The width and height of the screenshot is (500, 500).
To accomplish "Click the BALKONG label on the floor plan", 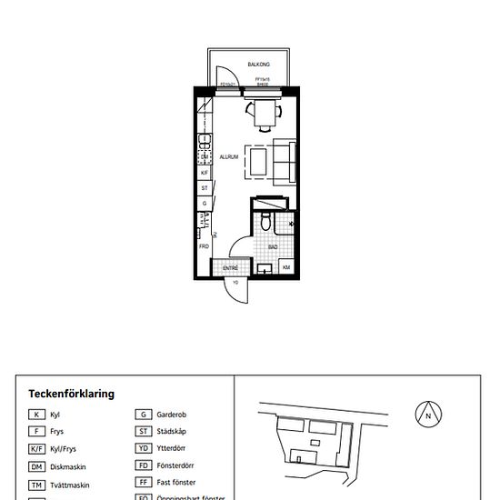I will tap(259, 65).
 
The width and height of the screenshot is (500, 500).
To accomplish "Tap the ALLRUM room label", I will tap(228, 156).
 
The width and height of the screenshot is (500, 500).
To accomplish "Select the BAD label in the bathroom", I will tap(273, 246).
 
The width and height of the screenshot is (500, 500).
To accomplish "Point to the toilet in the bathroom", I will tap(264, 221).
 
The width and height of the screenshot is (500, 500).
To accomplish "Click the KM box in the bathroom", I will tap(286, 268).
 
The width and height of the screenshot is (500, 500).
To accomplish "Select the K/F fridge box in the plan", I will tap(205, 172).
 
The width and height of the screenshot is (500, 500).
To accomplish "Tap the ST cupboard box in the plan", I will tap(205, 188).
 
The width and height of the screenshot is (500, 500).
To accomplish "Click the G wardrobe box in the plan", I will tap(205, 204).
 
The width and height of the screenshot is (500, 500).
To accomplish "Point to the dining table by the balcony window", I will tap(265, 113).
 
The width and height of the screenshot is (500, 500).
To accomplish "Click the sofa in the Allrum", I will tap(285, 160).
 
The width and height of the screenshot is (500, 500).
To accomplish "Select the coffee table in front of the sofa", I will tap(259, 161).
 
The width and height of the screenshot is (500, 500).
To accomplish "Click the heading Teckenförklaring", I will tap(71, 395).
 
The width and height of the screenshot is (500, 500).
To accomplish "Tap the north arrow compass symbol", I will tap(427, 415).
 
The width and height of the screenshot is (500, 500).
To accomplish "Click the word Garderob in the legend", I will tap(172, 415).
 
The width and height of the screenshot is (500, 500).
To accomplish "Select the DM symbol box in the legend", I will tap(35, 466).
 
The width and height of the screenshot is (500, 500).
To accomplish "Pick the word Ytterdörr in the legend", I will tap(172, 448).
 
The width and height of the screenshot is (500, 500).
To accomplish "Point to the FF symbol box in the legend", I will tap(144, 483).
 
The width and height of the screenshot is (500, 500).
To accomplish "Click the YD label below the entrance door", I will tap(235, 283).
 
